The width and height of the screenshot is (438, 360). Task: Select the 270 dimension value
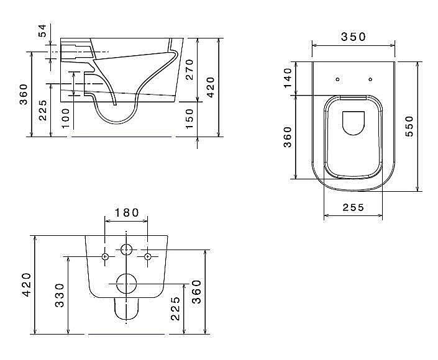pyautogui.click(x=190, y=70)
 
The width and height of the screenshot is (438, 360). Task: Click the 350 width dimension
pyautogui.click(x=353, y=37)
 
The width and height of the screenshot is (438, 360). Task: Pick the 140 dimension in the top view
pyautogui.click(x=288, y=79)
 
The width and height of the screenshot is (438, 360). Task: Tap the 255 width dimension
pyautogui.click(x=353, y=209)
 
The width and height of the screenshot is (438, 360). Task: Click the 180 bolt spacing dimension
pyautogui.click(x=126, y=212)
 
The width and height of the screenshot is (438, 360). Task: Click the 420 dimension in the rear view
pyautogui.click(x=26, y=285)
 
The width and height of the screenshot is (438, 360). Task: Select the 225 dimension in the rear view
pyautogui.click(x=176, y=308)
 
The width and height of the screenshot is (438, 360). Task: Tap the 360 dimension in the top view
pyautogui.click(x=288, y=137)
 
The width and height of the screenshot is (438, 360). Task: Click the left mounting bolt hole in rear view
pyautogui.click(x=106, y=256)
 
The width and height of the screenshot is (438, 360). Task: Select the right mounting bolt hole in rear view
pyautogui.click(x=147, y=256)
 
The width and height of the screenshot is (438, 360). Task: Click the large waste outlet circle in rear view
pyautogui.click(x=126, y=284)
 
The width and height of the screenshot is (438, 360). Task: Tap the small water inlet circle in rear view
pyautogui.click(x=126, y=250)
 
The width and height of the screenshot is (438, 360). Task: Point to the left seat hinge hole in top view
pyautogui.click(x=336, y=79)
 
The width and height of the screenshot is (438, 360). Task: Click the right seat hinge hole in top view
pyautogui.click(x=370, y=79)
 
